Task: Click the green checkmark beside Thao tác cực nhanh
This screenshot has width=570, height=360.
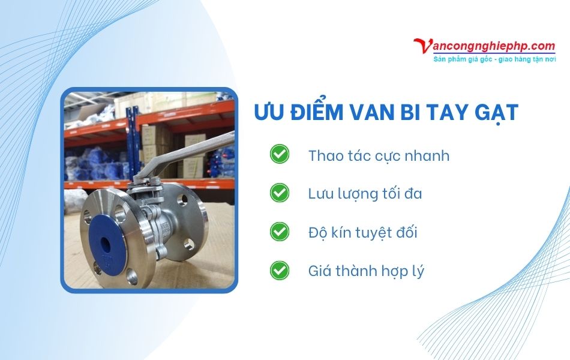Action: click(x=279, y=154)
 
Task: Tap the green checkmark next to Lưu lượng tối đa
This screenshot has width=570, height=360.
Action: click(x=279, y=193)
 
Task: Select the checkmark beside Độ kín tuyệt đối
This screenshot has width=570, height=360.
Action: click(x=279, y=231)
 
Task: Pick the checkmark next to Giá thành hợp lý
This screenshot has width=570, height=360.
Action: click(x=279, y=270)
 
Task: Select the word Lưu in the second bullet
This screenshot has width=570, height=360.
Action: click(x=321, y=194)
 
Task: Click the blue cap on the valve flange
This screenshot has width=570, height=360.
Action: click(x=107, y=239)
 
